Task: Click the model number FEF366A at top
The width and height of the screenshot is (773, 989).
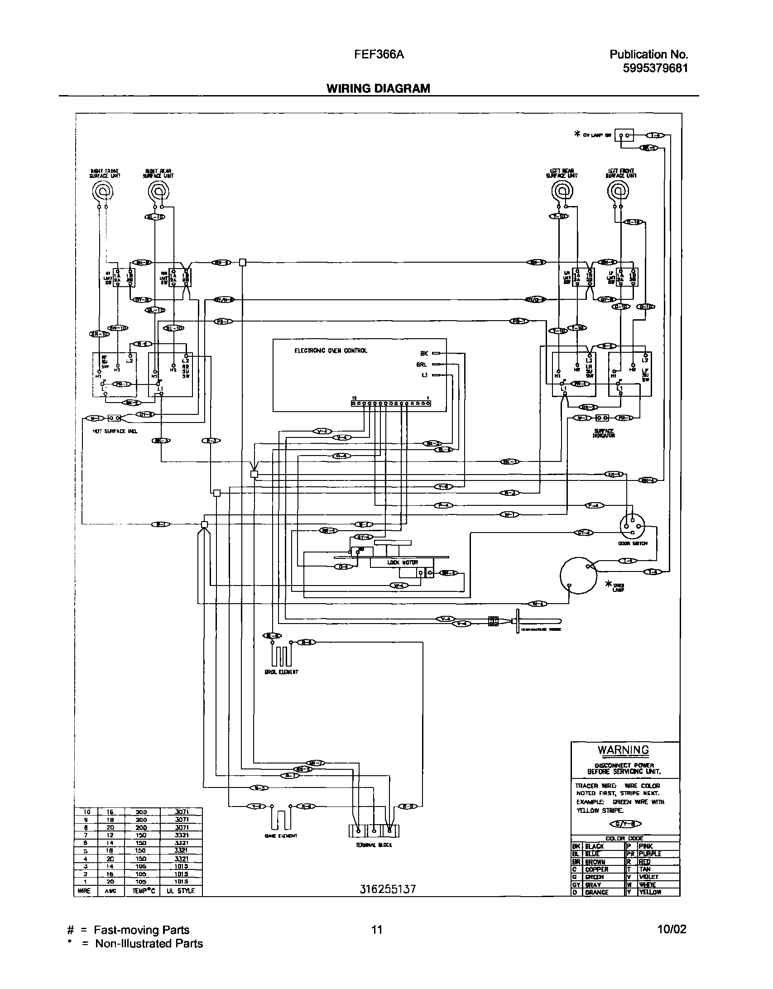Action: coord(379,55)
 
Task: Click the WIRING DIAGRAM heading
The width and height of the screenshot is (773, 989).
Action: coord(378,88)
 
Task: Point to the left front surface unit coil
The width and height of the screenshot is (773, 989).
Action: coord(618,192)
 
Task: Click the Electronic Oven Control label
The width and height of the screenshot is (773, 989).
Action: coord(331,350)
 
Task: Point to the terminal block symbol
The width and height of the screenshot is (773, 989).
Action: coord(374,831)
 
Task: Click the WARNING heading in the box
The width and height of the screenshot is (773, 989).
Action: coord(623,750)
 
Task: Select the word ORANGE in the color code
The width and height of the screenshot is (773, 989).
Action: coord(596,892)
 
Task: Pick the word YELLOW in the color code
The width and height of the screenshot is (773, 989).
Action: coord(650,892)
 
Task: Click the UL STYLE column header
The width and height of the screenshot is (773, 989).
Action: coord(180,890)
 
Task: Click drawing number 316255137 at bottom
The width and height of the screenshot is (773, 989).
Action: coord(388,889)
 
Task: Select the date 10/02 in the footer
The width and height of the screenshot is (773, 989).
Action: coord(672,930)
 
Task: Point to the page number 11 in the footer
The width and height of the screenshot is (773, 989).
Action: coord(376,930)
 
